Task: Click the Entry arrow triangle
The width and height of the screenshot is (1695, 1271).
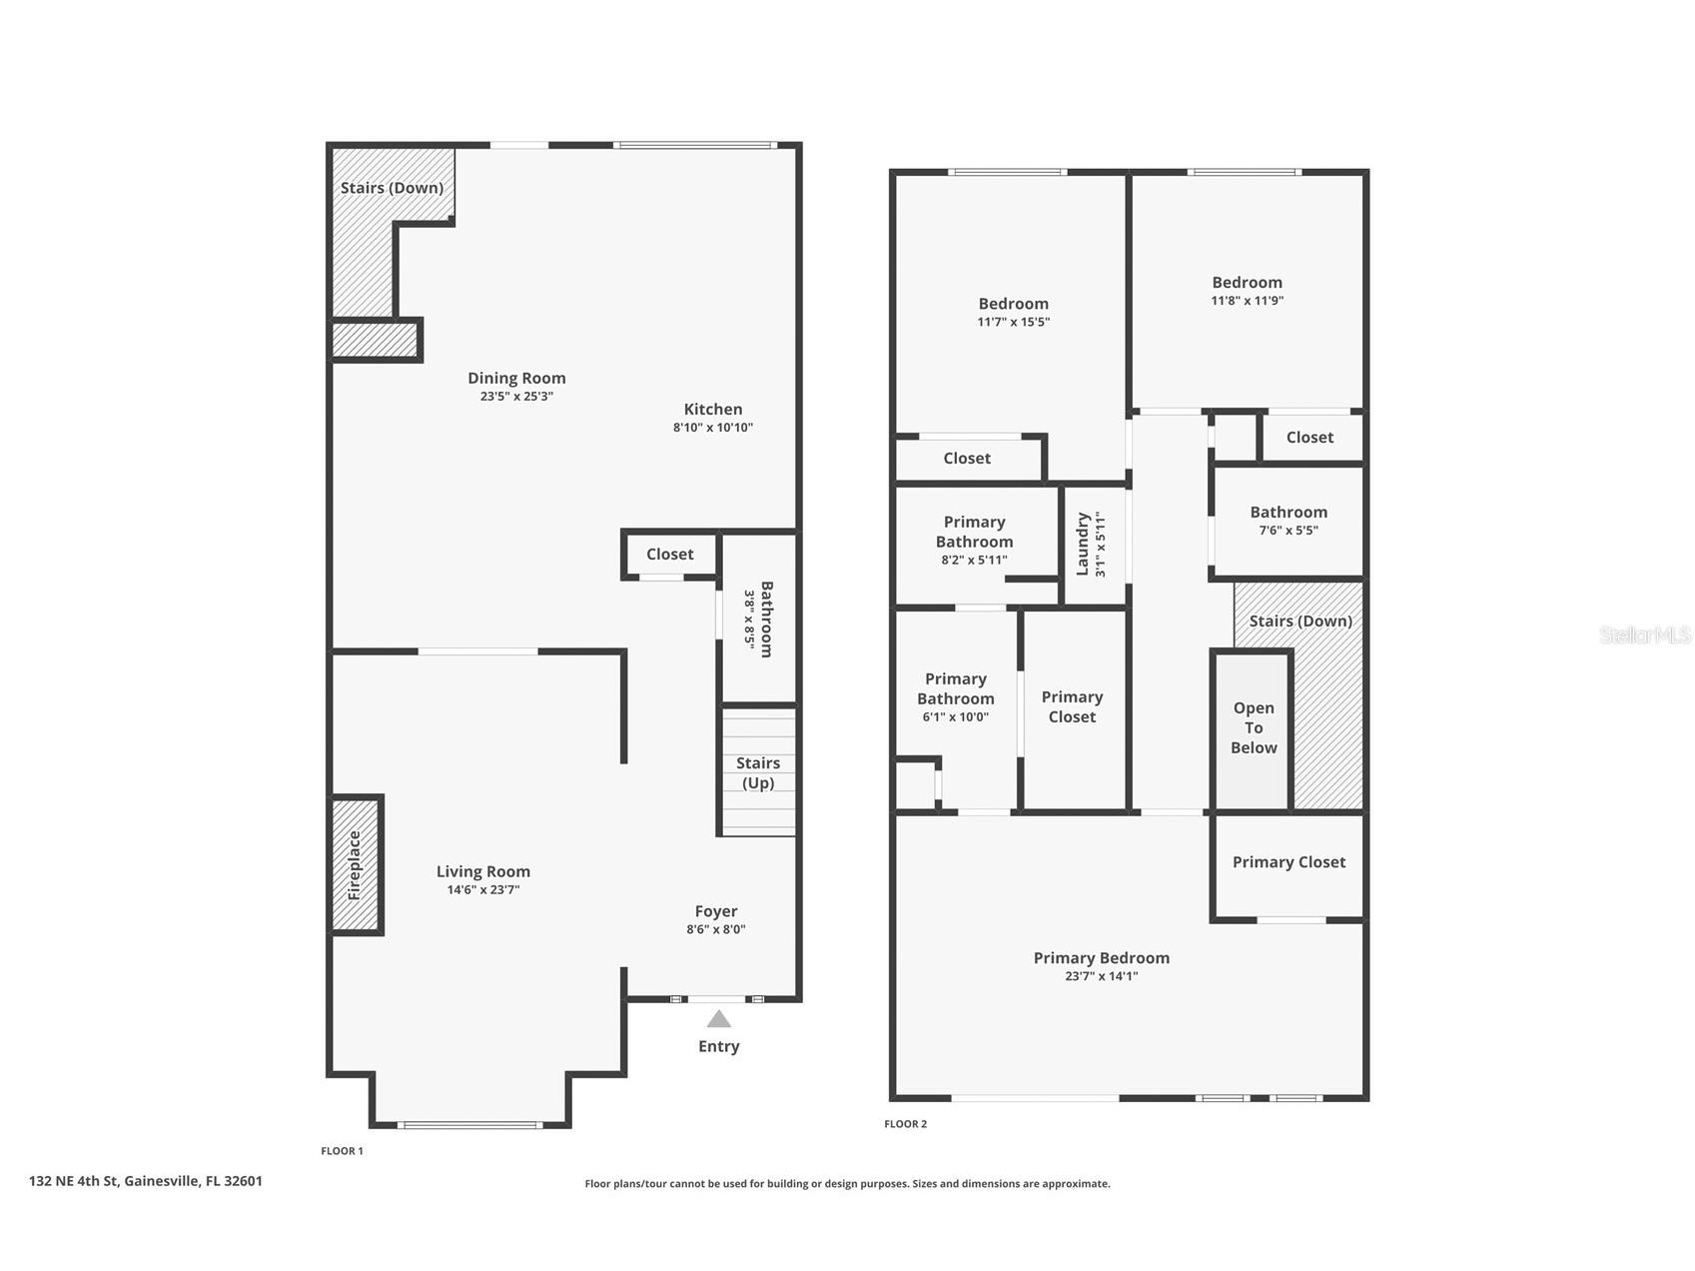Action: (718, 1019)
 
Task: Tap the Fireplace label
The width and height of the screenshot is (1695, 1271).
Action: (355, 865)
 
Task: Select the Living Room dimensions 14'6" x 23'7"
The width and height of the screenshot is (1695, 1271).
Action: (483, 890)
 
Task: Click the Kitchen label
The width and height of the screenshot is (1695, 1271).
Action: (713, 409)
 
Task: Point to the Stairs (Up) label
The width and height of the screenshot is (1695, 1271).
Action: (758, 772)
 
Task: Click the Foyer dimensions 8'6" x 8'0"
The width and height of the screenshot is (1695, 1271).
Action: (716, 929)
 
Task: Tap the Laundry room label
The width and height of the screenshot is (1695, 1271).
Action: (1082, 545)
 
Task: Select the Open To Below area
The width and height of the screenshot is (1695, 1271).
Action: (1254, 729)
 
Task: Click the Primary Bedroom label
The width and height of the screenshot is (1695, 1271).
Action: (1102, 958)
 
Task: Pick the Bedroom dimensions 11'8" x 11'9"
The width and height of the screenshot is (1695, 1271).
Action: (1248, 301)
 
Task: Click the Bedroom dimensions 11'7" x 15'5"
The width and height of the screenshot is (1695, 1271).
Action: (1014, 322)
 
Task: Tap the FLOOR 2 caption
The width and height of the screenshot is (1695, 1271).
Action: (906, 1124)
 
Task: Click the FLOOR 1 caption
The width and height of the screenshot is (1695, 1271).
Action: (342, 1151)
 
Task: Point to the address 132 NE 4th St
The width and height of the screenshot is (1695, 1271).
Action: (74, 1181)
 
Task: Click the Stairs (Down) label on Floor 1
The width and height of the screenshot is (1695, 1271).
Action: (392, 188)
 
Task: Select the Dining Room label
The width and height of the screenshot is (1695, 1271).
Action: (516, 378)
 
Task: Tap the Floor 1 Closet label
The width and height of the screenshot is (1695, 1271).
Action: (669, 555)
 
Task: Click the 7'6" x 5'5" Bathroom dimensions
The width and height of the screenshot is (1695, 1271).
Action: (1288, 531)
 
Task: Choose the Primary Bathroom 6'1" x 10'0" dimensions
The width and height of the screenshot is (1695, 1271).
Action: (956, 716)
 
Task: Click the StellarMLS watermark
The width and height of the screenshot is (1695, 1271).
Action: (1645, 635)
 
